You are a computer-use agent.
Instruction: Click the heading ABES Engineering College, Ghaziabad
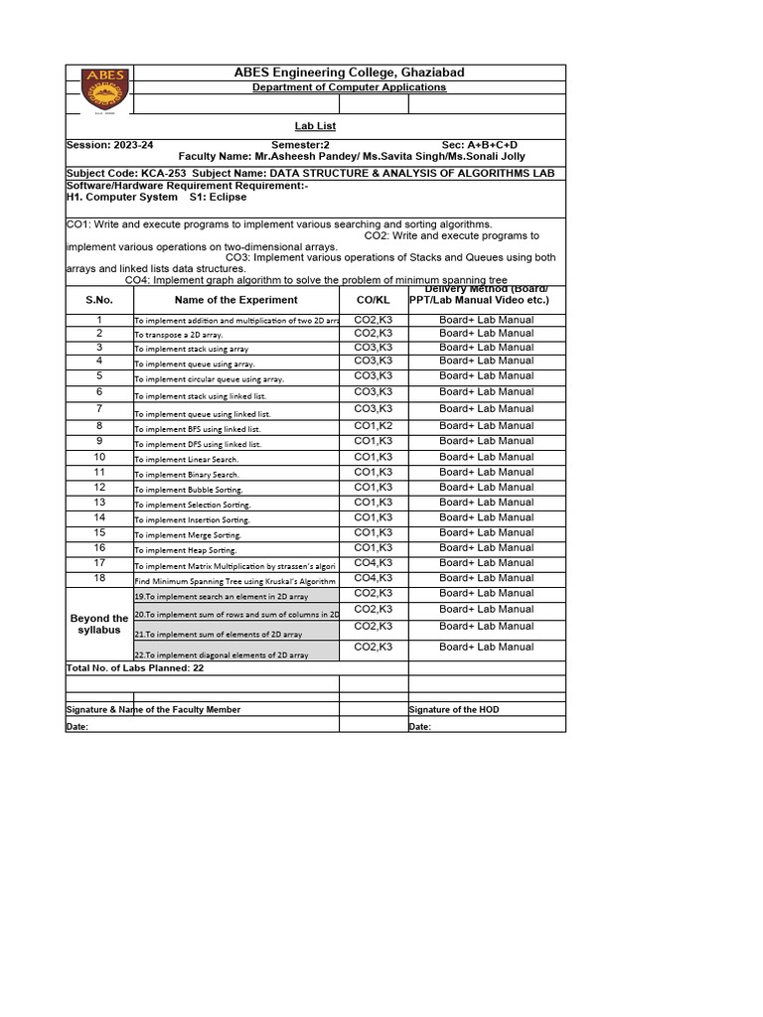pyautogui.click(x=349, y=73)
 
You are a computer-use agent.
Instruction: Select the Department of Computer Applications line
pyautogui.click(x=349, y=87)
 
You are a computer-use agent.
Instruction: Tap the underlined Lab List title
pyautogui.click(x=315, y=126)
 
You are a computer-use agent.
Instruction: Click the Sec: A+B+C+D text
pyautogui.click(x=479, y=145)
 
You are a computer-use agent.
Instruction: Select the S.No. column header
pyautogui.click(x=99, y=299)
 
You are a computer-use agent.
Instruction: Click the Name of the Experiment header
pyautogui.click(x=235, y=299)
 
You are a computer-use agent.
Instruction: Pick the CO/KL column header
pyautogui.click(x=373, y=299)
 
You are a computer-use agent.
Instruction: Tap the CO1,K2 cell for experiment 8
pyautogui.click(x=373, y=426)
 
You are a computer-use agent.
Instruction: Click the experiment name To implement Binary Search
pyautogui.click(x=187, y=475)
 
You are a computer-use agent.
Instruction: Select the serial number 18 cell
pyautogui.click(x=99, y=578)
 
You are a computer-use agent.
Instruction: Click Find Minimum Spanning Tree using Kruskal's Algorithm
pyautogui.click(x=234, y=581)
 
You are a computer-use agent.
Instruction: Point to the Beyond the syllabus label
pyautogui.click(x=99, y=624)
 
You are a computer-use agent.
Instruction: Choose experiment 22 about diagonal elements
pyautogui.click(x=221, y=654)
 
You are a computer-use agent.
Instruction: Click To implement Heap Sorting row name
pyautogui.click(x=186, y=550)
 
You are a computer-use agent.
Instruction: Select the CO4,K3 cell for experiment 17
pyautogui.click(x=373, y=563)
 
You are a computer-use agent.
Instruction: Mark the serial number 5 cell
pyautogui.click(x=99, y=376)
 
